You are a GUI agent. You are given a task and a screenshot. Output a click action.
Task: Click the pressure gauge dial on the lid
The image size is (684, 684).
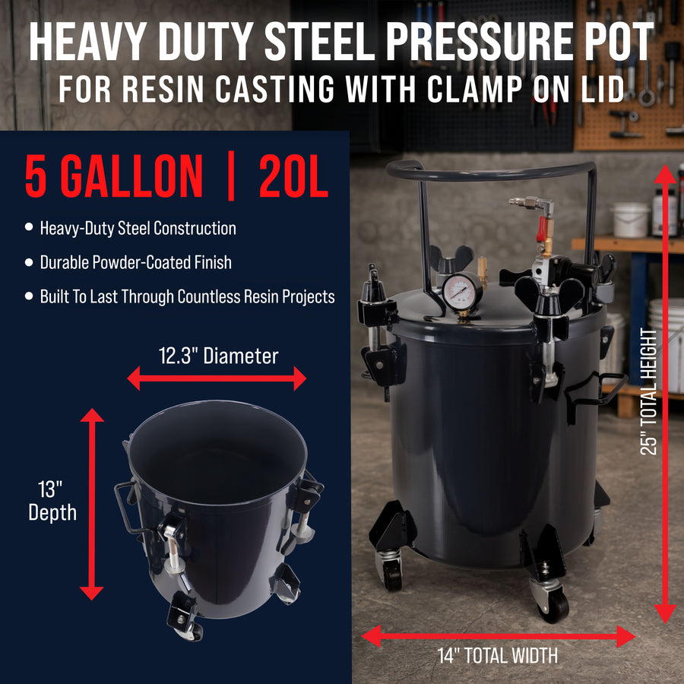coord(461,292)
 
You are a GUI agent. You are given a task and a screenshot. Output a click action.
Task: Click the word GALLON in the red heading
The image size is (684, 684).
coord(131,176)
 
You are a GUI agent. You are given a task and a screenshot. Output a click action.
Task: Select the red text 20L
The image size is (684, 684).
coord(293,176)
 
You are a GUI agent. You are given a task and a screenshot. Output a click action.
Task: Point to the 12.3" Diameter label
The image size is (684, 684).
coord(219,356)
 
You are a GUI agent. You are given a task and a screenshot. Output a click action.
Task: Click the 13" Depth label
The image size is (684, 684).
coord(52,501)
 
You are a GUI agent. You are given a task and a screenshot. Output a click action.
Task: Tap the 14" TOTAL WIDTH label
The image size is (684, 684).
coord(498,656)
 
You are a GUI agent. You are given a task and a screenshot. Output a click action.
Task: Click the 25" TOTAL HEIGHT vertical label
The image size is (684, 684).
coord(649,391)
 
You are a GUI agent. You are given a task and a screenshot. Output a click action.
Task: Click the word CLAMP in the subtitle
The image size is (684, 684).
coord(474,90)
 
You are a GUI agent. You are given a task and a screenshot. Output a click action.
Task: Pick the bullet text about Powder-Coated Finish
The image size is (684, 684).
coord(136,263)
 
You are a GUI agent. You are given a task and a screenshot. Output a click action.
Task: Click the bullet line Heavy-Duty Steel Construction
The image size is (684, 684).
coord(138,228)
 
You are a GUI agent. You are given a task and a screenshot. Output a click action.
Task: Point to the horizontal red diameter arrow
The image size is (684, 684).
coord(217,378)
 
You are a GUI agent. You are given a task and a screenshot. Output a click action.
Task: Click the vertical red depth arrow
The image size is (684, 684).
coord(92,504)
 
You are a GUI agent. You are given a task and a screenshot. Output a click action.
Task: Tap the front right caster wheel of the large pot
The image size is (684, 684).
coord(553,605)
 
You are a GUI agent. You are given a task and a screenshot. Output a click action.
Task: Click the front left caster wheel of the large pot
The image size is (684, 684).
coord(392,575)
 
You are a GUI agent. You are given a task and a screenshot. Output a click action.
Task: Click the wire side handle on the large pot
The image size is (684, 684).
coord(595,394)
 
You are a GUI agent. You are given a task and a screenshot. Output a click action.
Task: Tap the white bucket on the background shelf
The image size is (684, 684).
coord(629,220)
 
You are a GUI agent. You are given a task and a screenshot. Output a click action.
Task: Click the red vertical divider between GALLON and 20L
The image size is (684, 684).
coord(231,176)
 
